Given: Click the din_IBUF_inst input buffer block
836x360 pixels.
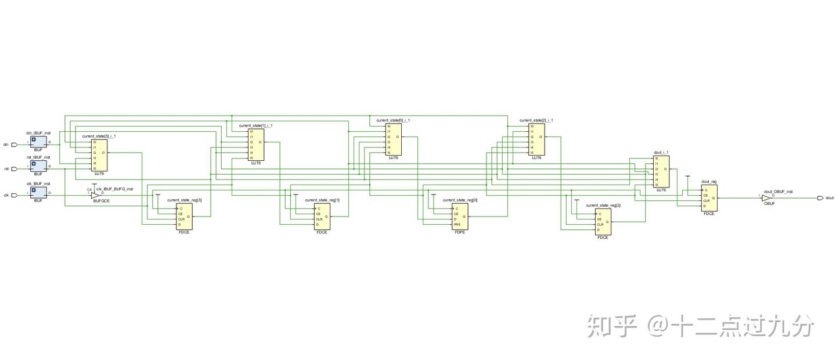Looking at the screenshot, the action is (x=38, y=142).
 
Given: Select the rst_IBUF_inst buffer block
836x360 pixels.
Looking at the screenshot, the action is (x=38, y=165).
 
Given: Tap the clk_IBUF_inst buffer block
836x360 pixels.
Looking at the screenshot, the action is (x=38, y=192).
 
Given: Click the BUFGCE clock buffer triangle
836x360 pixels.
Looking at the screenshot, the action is (x=95, y=195).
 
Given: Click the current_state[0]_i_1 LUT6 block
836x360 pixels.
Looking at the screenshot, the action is (x=393, y=139).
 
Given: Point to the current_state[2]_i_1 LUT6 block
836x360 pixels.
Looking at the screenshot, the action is (x=536, y=139).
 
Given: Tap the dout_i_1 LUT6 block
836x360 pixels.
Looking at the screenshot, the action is (x=661, y=171).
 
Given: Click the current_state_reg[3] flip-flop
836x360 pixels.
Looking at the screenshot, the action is (x=184, y=217).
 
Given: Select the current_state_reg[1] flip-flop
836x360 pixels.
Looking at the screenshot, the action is (x=322, y=217).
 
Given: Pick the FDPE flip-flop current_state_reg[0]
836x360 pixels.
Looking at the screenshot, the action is (x=460, y=217).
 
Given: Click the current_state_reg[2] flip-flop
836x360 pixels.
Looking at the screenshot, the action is (x=603, y=222).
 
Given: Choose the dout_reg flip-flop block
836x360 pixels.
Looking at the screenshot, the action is (x=709, y=197).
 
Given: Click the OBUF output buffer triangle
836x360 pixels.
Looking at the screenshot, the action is (x=766, y=198).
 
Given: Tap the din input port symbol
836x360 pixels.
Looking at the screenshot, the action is (x=14, y=145).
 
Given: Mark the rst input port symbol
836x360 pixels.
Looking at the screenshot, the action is (x=14, y=168).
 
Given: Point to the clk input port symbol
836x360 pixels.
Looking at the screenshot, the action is (x=14, y=195).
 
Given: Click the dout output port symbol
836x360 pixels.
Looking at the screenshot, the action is (x=820, y=198).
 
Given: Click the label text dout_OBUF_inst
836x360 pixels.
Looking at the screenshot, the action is (x=778, y=191).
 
